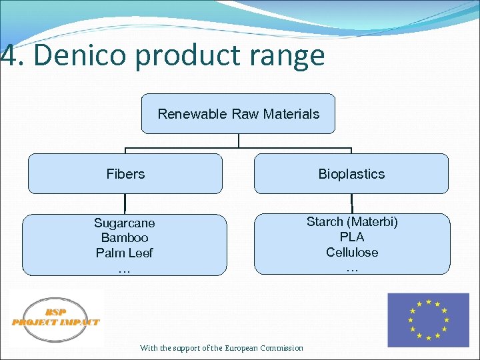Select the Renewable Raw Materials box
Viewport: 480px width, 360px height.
[238, 114]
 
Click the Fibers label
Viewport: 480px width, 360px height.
[125, 174]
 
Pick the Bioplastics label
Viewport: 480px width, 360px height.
[351, 174]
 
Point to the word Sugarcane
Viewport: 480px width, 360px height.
[124, 223]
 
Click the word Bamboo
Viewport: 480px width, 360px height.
[124, 238]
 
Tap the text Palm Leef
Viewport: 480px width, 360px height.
[124, 253]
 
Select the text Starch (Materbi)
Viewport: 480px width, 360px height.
[352, 221]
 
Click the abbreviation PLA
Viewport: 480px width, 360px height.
[352, 237]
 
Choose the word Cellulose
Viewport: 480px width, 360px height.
[352, 252]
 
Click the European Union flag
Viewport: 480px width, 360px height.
[428, 320]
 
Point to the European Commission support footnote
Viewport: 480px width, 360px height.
[221, 348]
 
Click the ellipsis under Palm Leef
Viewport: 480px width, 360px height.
[124, 268]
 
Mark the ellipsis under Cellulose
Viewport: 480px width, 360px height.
[352, 267]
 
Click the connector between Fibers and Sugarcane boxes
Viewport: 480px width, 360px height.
[125, 204]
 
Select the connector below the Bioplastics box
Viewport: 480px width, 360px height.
[351, 204]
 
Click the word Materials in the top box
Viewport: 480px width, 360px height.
[291, 114]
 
